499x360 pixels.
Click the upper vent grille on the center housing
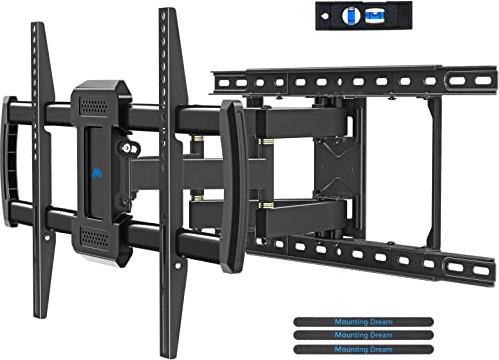pyautogui.click(x=96, y=104)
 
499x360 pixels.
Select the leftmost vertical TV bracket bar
pyautogui.click(x=41, y=170)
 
